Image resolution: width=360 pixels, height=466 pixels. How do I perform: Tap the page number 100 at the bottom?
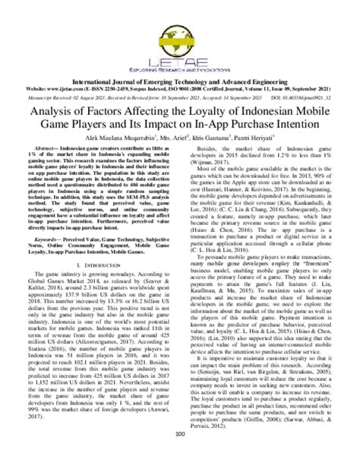click(179, 455)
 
